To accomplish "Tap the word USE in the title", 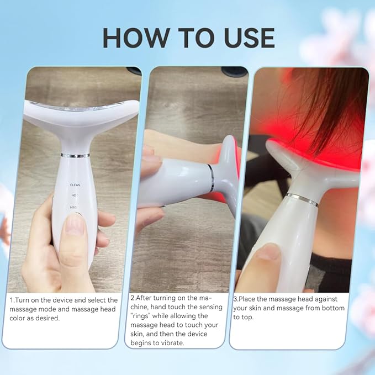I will [x=244, y=37].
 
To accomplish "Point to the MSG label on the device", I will [x=73, y=207].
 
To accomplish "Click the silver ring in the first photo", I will [x=75, y=155].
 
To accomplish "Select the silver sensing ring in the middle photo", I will [x=210, y=178].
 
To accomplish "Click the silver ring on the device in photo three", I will [x=302, y=199].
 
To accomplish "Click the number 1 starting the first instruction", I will [x=12, y=300].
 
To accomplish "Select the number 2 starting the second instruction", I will [x=131, y=298].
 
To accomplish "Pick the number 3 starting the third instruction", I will [x=235, y=299].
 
